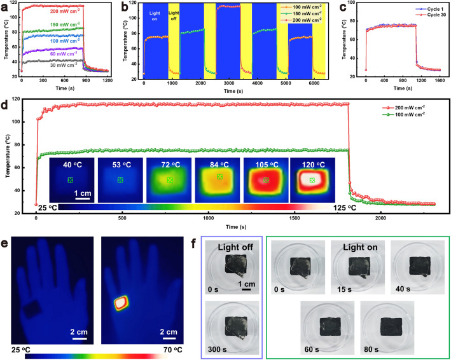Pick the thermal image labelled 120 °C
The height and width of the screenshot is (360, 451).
pos(312,180)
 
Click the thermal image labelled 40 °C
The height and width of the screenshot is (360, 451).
pos(71,180)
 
